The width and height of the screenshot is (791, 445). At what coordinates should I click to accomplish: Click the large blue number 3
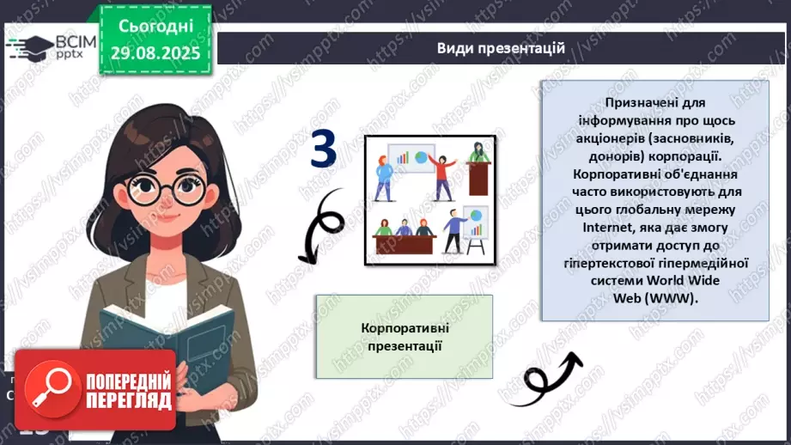click(324, 149)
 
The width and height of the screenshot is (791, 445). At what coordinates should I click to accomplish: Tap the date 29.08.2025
click(156, 53)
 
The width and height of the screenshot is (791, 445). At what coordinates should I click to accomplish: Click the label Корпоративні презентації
click(404, 338)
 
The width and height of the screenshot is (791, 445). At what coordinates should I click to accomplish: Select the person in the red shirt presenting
click(443, 175)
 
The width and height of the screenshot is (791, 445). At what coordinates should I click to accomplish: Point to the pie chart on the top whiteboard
click(421, 157)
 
